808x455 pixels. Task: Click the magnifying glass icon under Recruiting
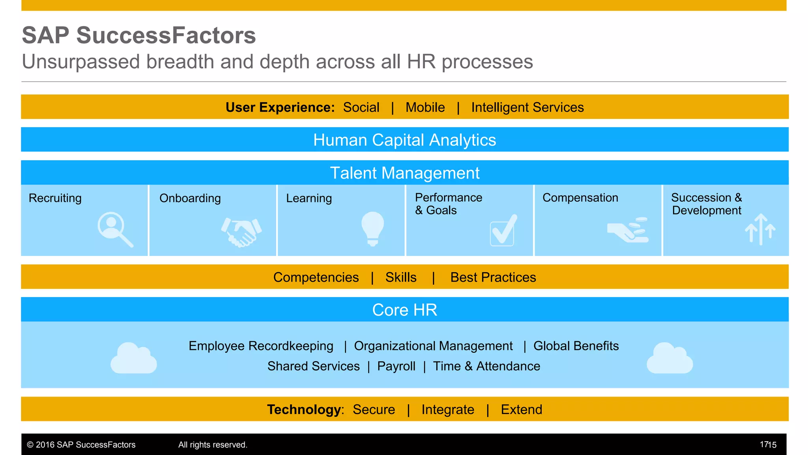pyautogui.click(x=115, y=229)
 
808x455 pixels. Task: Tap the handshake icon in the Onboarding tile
pyautogui.click(x=241, y=232)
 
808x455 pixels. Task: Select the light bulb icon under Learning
pyautogui.click(x=372, y=229)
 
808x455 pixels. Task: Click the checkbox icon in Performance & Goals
pyautogui.click(x=503, y=231)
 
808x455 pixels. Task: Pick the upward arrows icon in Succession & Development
pyautogui.click(x=760, y=229)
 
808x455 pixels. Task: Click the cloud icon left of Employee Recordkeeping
pyautogui.click(x=134, y=359)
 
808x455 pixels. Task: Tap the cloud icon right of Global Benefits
pyautogui.click(x=670, y=359)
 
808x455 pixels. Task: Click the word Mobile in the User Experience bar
pyautogui.click(x=425, y=107)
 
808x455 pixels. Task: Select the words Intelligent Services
pyautogui.click(x=527, y=107)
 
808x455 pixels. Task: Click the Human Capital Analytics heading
pyautogui.click(x=404, y=140)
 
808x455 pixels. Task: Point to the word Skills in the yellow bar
pyautogui.click(x=401, y=277)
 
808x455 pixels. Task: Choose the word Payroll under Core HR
pyautogui.click(x=396, y=366)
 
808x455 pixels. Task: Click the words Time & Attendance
pyautogui.click(x=486, y=366)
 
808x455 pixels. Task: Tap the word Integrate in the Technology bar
pyautogui.click(x=448, y=410)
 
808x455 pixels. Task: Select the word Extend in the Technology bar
pyautogui.click(x=521, y=410)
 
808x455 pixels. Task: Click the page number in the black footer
pyautogui.click(x=768, y=445)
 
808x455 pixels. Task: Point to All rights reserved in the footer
pyautogui.click(x=213, y=445)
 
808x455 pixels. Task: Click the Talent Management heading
pyautogui.click(x=404, y=173)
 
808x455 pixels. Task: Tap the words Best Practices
pyautogui.click(x=493, y=277)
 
